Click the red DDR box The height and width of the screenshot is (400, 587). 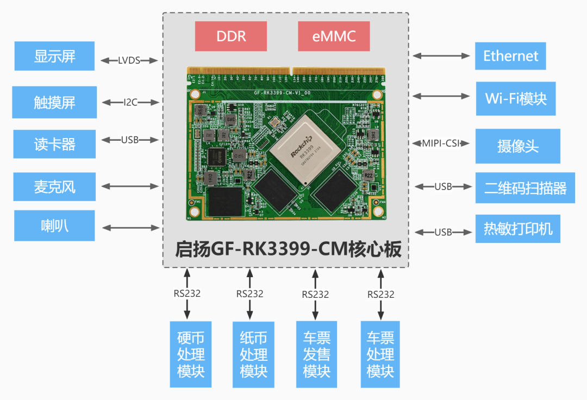pyautogui.click(x=231, y=36)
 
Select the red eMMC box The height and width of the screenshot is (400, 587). pyautogui.click(x=334, y=36)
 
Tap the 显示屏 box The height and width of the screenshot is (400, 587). pyautogui.click(x=54, y=56)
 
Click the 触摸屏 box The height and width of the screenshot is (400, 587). pyautogui.click(x=54, y=102)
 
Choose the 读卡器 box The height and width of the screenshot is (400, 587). pyautogui.click(x=54, y=145)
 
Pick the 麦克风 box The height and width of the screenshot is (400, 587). pyautogui.click(x=54, y=187)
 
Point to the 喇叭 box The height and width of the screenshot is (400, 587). pyautogui.click(x=54, y=226)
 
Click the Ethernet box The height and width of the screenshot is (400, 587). pyautogui.click(x=510, y=55)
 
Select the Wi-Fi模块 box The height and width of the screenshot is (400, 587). pyautogui.click(x=516, y=98)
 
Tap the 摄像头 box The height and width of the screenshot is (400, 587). pyautogui.click(x=517, y=146)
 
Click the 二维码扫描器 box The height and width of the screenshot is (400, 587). pyautogui.click(x=525, y=188)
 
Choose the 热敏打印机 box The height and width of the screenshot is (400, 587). pyautogui.click(x=517, y=229)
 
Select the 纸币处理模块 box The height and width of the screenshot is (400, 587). pyautogui.click(x=253, y=354)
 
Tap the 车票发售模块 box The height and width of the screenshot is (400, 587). pyautogui.click(x=316, y=354)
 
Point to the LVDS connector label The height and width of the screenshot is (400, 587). pyautogui.click(x=129, y=60)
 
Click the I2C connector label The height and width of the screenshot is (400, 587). pyautogui.click(x=130, y=102)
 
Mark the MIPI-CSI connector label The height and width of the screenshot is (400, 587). pyautogui.click(x=441, y=143)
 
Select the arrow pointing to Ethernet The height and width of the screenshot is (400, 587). pyautogui.click(x=441, y=55)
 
